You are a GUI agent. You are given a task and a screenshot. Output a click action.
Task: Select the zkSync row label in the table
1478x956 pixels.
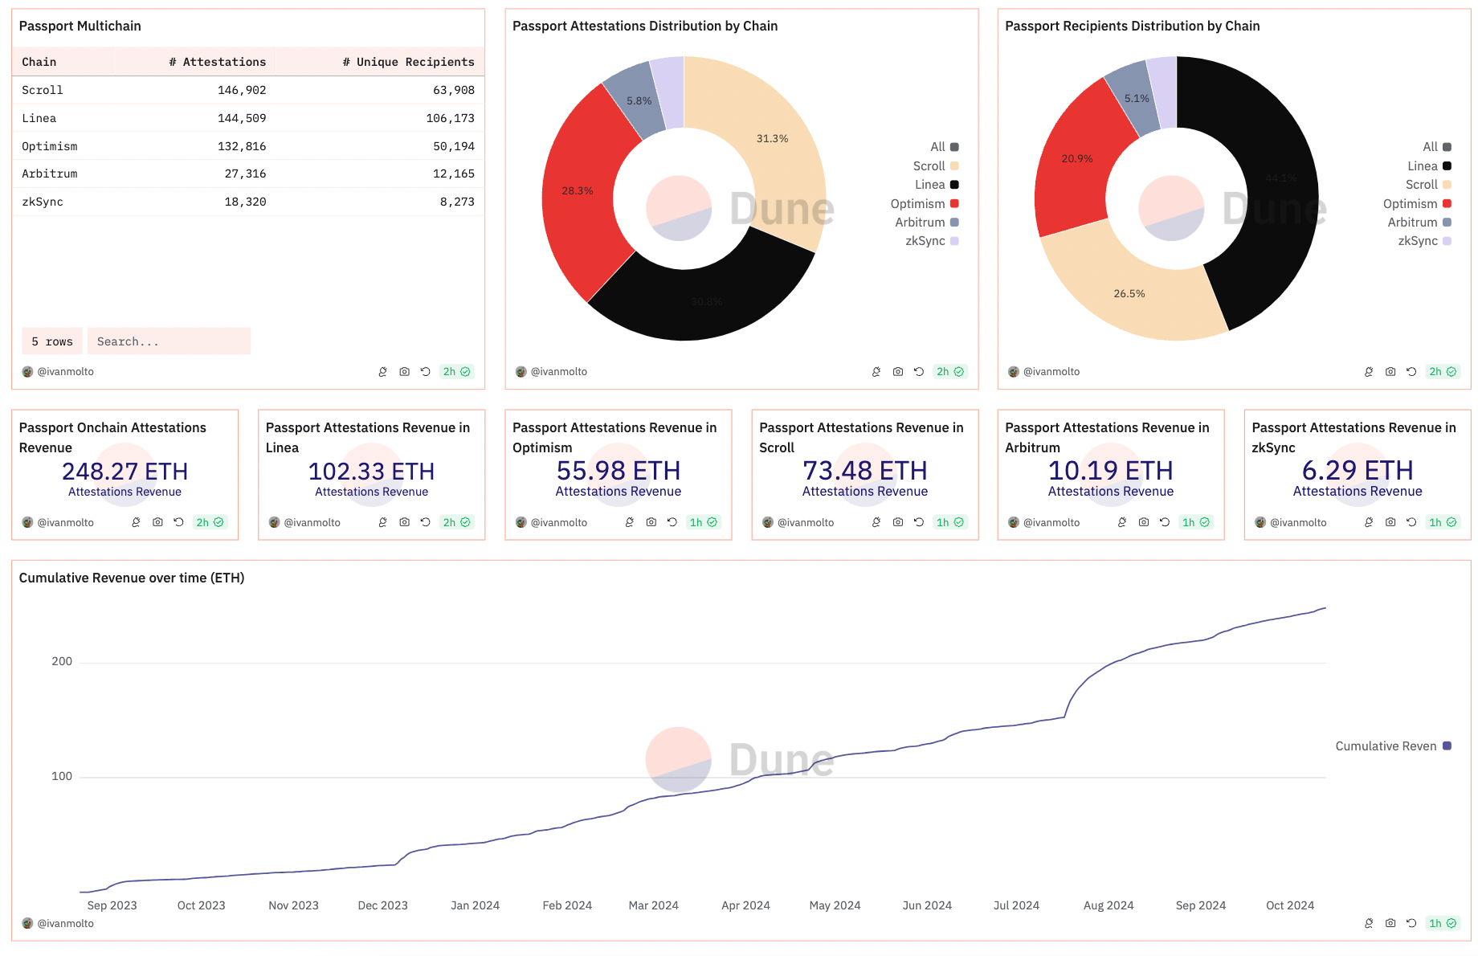43,202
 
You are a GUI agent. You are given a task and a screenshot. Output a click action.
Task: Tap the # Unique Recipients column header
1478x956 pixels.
408,62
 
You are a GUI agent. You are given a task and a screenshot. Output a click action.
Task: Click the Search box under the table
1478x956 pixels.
169,341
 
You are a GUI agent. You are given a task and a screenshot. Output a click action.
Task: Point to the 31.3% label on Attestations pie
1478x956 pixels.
772,139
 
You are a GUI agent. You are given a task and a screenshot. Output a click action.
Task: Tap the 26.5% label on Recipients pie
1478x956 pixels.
1129,294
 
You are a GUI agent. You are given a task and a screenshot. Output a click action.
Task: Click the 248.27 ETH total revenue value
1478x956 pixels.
125,471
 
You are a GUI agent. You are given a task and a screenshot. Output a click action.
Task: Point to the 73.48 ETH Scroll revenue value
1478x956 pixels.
864,471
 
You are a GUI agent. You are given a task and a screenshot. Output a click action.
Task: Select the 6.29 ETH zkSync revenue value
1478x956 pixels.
1357,471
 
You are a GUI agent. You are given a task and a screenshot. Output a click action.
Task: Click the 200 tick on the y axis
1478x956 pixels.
62,661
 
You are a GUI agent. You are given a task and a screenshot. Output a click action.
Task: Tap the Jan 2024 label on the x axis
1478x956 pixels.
475,905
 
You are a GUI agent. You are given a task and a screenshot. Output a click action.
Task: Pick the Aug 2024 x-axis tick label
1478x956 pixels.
1108,905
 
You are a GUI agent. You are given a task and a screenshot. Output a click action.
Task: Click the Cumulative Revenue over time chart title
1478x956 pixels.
132,578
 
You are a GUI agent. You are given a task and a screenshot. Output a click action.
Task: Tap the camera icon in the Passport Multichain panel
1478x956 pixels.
404,372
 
